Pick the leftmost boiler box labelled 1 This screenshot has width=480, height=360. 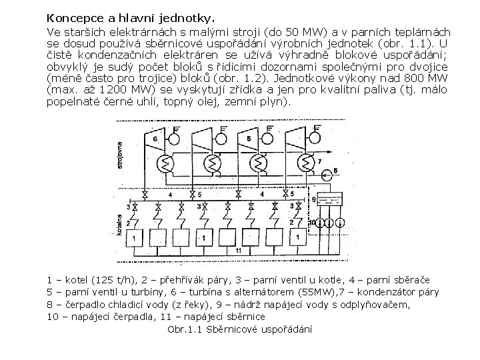click(135, 237)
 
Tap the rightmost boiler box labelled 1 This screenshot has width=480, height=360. click(297, 237)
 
